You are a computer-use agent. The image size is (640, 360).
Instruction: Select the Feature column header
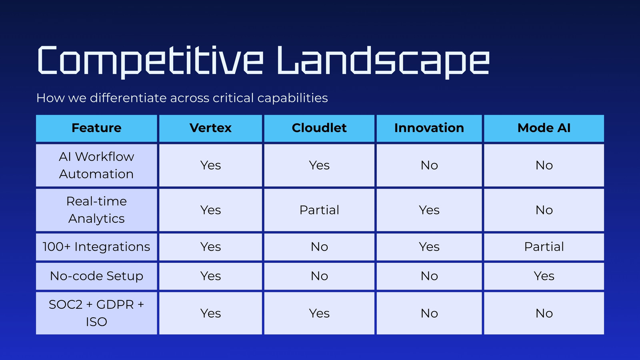point(96,128)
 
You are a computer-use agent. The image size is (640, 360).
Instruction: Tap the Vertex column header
point(210,128)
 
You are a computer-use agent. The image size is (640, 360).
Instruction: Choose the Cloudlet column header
point(319,128)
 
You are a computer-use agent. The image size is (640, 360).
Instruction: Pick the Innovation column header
point(429,128)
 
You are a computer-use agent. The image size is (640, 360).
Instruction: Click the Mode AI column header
point(544,128)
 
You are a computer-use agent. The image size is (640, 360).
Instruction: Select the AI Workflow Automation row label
point(96,166)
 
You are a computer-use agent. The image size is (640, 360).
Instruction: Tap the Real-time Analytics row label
point(96,210)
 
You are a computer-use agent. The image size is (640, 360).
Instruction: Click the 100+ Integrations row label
point(96,247)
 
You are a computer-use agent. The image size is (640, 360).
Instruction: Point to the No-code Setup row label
point(96,276)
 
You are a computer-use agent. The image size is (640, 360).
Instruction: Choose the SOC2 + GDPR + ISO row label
point(96,313)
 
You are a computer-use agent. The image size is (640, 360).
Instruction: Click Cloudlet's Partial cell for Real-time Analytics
point(319,210)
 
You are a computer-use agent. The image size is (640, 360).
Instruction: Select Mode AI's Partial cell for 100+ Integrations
point(544,247)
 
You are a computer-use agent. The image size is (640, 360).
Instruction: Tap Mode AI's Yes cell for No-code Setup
point(544,276)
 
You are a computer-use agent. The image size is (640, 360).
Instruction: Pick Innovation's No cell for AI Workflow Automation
point(429,166)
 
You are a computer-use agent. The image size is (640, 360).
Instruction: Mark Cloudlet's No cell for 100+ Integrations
point(319,247)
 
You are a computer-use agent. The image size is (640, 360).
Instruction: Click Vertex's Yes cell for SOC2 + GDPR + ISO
point(210,313)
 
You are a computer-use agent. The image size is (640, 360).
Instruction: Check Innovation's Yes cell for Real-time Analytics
point(429,210)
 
